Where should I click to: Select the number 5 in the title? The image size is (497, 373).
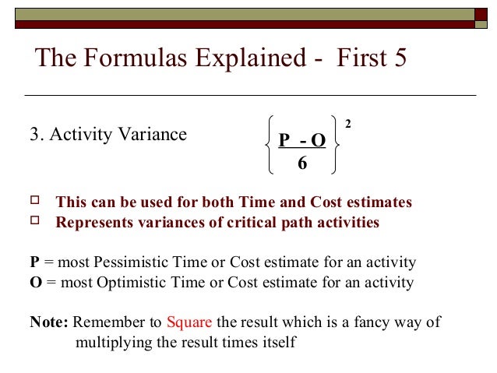point(399,60)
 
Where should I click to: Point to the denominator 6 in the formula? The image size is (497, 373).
point(302,164)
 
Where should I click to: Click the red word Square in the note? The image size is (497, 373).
point(190,322)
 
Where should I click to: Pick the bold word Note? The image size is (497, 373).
point(49,322)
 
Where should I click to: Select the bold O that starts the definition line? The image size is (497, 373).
point(34,281)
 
